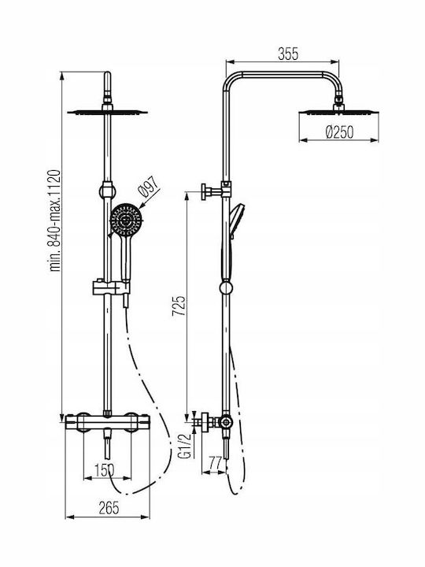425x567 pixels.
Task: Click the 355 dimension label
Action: (288, 54)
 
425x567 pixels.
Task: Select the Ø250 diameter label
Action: (339, 132)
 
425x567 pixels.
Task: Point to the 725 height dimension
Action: (178, 306)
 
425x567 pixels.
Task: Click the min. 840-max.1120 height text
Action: (55, 220)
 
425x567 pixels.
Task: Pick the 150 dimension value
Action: (105, 470)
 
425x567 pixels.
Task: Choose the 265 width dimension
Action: (109, 508)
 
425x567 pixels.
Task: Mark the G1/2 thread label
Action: (185, 446)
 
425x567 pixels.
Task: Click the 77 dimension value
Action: (215, 463)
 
